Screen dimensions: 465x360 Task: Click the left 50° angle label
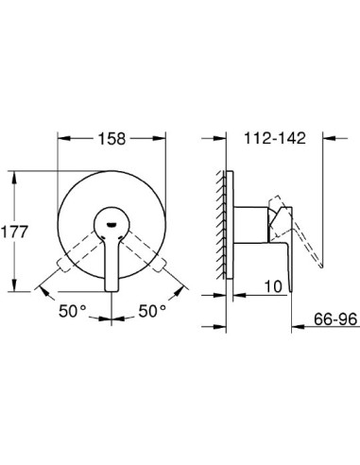(x=72, y=310)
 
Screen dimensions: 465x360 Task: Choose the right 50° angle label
(x=150, y=310)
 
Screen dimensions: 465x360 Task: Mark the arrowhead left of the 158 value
(x=63, y=137)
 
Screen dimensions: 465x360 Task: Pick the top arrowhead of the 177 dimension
(x=16, y=174)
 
